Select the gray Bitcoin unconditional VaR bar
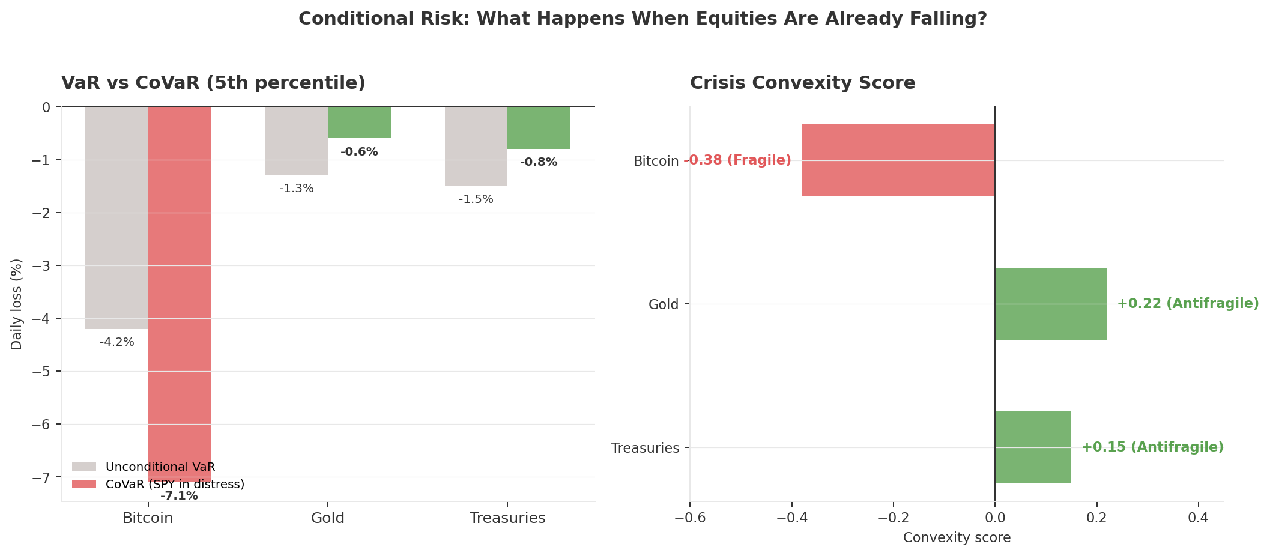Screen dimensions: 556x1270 pos(116,217)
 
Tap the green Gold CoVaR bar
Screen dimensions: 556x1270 pos(359,122)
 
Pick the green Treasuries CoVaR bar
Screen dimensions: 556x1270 pos(539,128)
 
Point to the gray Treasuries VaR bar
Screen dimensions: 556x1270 pos(476,146)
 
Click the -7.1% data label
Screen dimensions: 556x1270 pos(179,496)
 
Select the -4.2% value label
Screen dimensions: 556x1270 pos(117,342)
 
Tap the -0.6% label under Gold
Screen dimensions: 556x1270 pos(359,152)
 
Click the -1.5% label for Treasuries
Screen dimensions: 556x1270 pos(476,199)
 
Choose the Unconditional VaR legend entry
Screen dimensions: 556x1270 pos(160,467)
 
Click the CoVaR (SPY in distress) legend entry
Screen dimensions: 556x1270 pos(174,484)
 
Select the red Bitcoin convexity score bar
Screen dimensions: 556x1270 pos(898,160)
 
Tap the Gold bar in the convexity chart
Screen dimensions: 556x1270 pos(1050,304)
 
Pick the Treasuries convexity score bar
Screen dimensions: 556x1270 pos(1033,447)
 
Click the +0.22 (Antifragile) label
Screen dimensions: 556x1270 pos(1188,304)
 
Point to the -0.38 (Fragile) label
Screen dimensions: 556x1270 pos(737,160)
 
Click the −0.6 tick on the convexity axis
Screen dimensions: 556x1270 pos(689,518)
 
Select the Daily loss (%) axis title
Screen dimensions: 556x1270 pos(17,304)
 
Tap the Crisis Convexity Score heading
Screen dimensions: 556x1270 pos(802,83)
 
